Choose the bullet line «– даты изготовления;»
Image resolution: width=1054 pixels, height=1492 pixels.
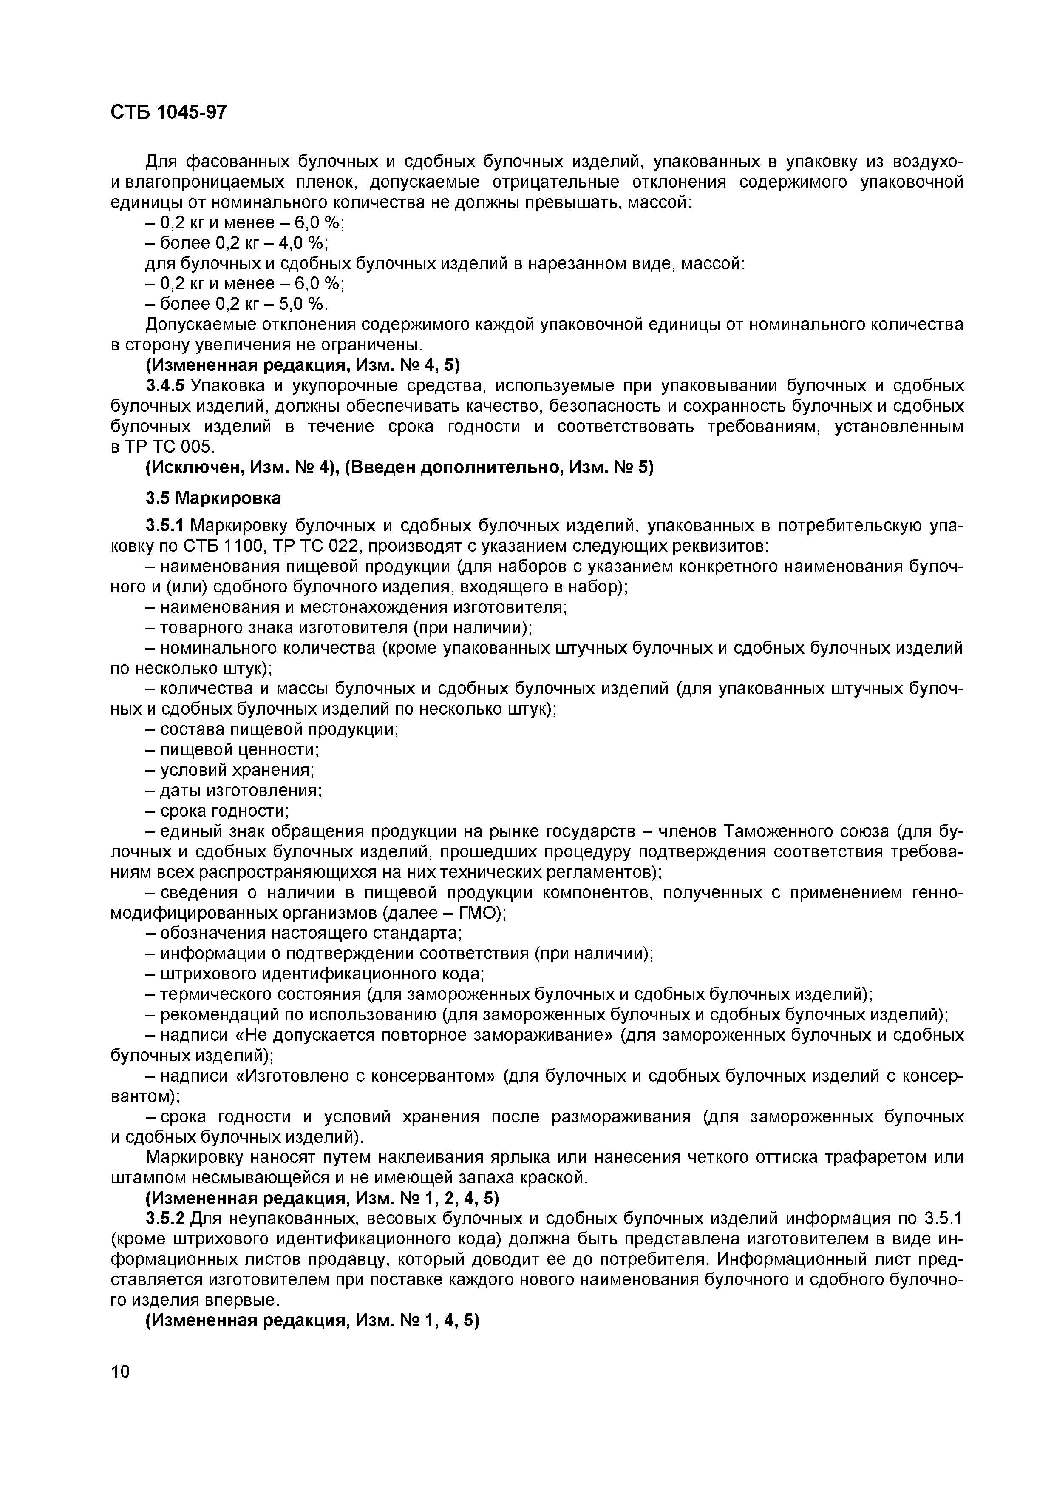click(x=232, y=791)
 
